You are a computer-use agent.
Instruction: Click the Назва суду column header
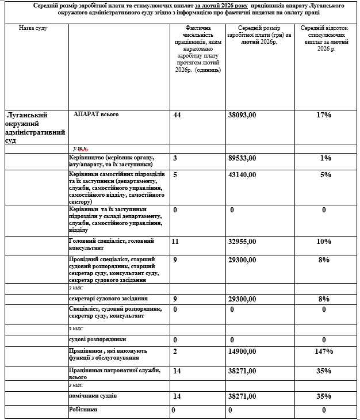[33, 28]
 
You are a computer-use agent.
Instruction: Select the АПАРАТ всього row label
[96, 114]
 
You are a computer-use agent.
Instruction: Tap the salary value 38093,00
[242, 115]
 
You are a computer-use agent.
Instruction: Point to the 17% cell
[324, 115]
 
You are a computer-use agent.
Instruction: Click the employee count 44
[177, 115]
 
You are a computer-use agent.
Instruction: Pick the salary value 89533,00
[242, 158]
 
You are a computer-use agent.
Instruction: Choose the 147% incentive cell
[324, 351]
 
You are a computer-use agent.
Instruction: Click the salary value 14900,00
[242, 351]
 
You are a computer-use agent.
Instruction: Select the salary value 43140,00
[242, 174]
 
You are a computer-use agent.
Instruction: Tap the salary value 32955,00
[242, 242]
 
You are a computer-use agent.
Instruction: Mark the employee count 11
[177, 242]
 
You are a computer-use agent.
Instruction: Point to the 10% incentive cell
[324, 242]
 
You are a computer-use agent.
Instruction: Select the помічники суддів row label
[93, 396]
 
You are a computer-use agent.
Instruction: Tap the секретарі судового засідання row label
[108, 299]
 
